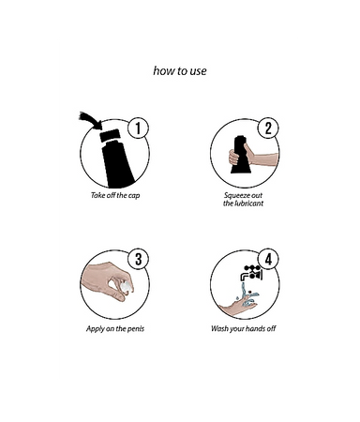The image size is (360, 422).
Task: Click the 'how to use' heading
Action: pos(180,71)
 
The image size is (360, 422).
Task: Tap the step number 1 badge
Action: pos(138,128)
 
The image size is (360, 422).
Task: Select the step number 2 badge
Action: pos(268,128)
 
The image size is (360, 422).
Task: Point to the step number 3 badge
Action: pos(138,259)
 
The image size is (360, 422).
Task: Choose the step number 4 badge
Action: pos(268,259)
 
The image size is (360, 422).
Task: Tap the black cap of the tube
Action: pos(110,135)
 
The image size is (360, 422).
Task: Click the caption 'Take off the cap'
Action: pos(115,196)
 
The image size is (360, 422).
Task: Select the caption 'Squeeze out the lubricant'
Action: pos(243,200)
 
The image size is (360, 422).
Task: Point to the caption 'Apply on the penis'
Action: pos(115,329)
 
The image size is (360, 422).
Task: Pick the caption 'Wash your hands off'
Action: pos(244,328)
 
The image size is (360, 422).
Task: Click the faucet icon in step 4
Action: pos(251,273)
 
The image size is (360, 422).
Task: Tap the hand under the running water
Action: pos(239,305)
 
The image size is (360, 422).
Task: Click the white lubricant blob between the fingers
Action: pos(126,287)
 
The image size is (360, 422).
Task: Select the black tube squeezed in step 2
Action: pos(241,155)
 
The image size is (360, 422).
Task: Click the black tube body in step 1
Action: pos(118,164)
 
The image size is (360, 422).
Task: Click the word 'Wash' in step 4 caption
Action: pos(219,328)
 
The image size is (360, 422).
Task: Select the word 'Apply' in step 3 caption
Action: pos(95,329)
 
